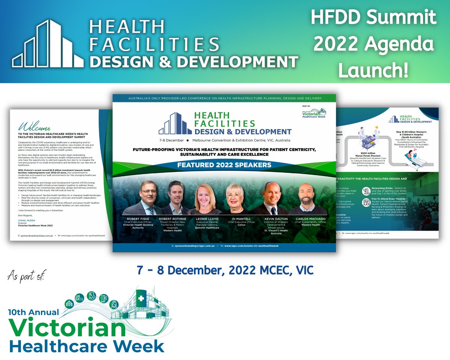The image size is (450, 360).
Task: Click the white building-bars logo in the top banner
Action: pyautogui.click(x=48, y=45)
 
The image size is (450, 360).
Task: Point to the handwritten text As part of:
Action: pyautogui.click(x=25, y=277)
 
